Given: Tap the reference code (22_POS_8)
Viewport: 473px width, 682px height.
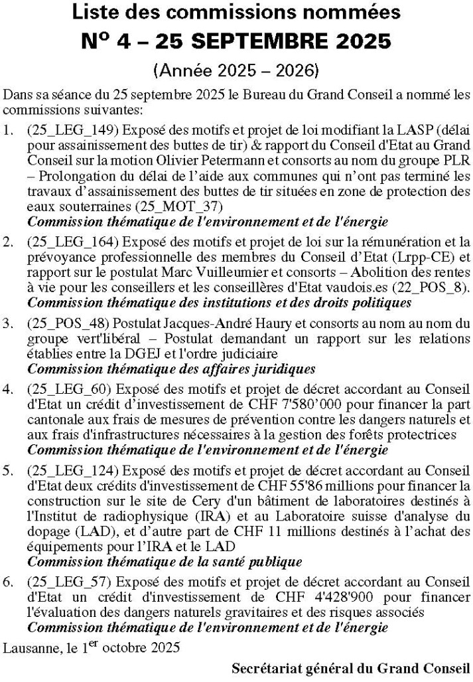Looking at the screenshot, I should (435, 286).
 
